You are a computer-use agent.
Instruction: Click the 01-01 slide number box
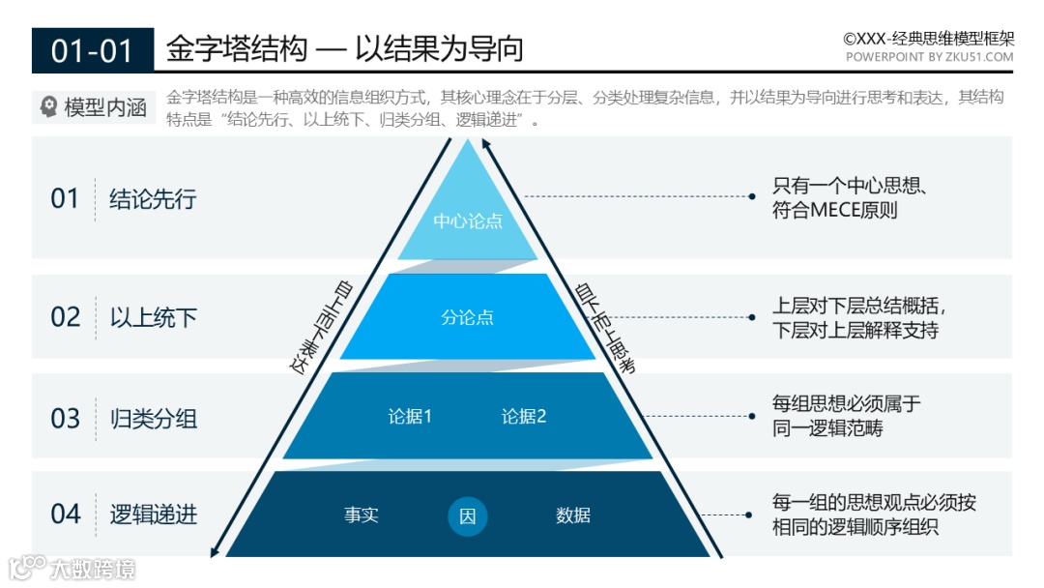click(92, 50)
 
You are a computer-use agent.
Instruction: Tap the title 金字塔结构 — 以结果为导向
click(344, 48)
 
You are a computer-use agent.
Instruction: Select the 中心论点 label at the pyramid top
click(468, 220)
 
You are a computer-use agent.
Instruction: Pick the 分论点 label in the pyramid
click(468, 317)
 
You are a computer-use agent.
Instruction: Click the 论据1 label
click(410, 417)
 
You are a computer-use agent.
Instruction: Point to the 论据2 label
click(524, 417)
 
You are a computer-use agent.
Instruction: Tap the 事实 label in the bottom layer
click(362, 515)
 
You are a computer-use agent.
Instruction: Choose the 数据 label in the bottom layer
click(573, 515)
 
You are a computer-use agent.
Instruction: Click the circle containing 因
click(468, 516)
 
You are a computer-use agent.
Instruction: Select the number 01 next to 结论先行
click(65, 199)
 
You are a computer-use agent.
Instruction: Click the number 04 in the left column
click(65, 514)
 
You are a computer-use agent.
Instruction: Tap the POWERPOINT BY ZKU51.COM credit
click(929, 57)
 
